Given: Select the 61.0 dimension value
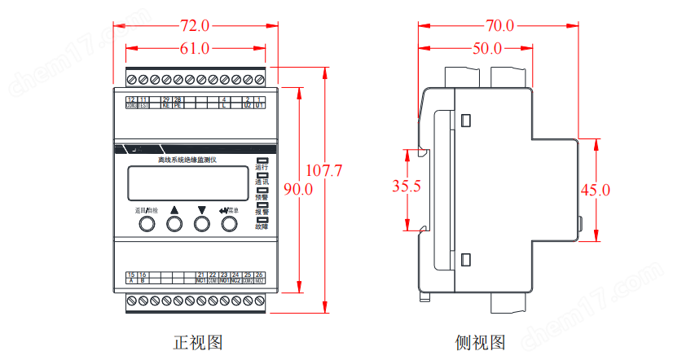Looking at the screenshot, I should (x=195, y=48).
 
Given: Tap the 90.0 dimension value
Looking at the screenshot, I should (x=297, y=189).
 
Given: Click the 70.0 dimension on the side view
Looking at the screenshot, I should (x=498, y=25).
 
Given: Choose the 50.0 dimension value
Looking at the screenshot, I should (x=487, y=48).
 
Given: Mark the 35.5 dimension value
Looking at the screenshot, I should (x=406, y=187).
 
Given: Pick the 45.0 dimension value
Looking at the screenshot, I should (x=596, y=190).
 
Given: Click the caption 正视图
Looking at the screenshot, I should (x=197, y=342).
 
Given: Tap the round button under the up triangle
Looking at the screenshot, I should (x=174, y=224).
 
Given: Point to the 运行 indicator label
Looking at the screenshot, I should (x=262, y=167).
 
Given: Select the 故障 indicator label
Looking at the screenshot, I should (x=262, y=226).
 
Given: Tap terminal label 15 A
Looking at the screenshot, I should (x=131, y=278).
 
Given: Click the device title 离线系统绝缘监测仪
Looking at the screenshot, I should (x=187, y=160).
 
